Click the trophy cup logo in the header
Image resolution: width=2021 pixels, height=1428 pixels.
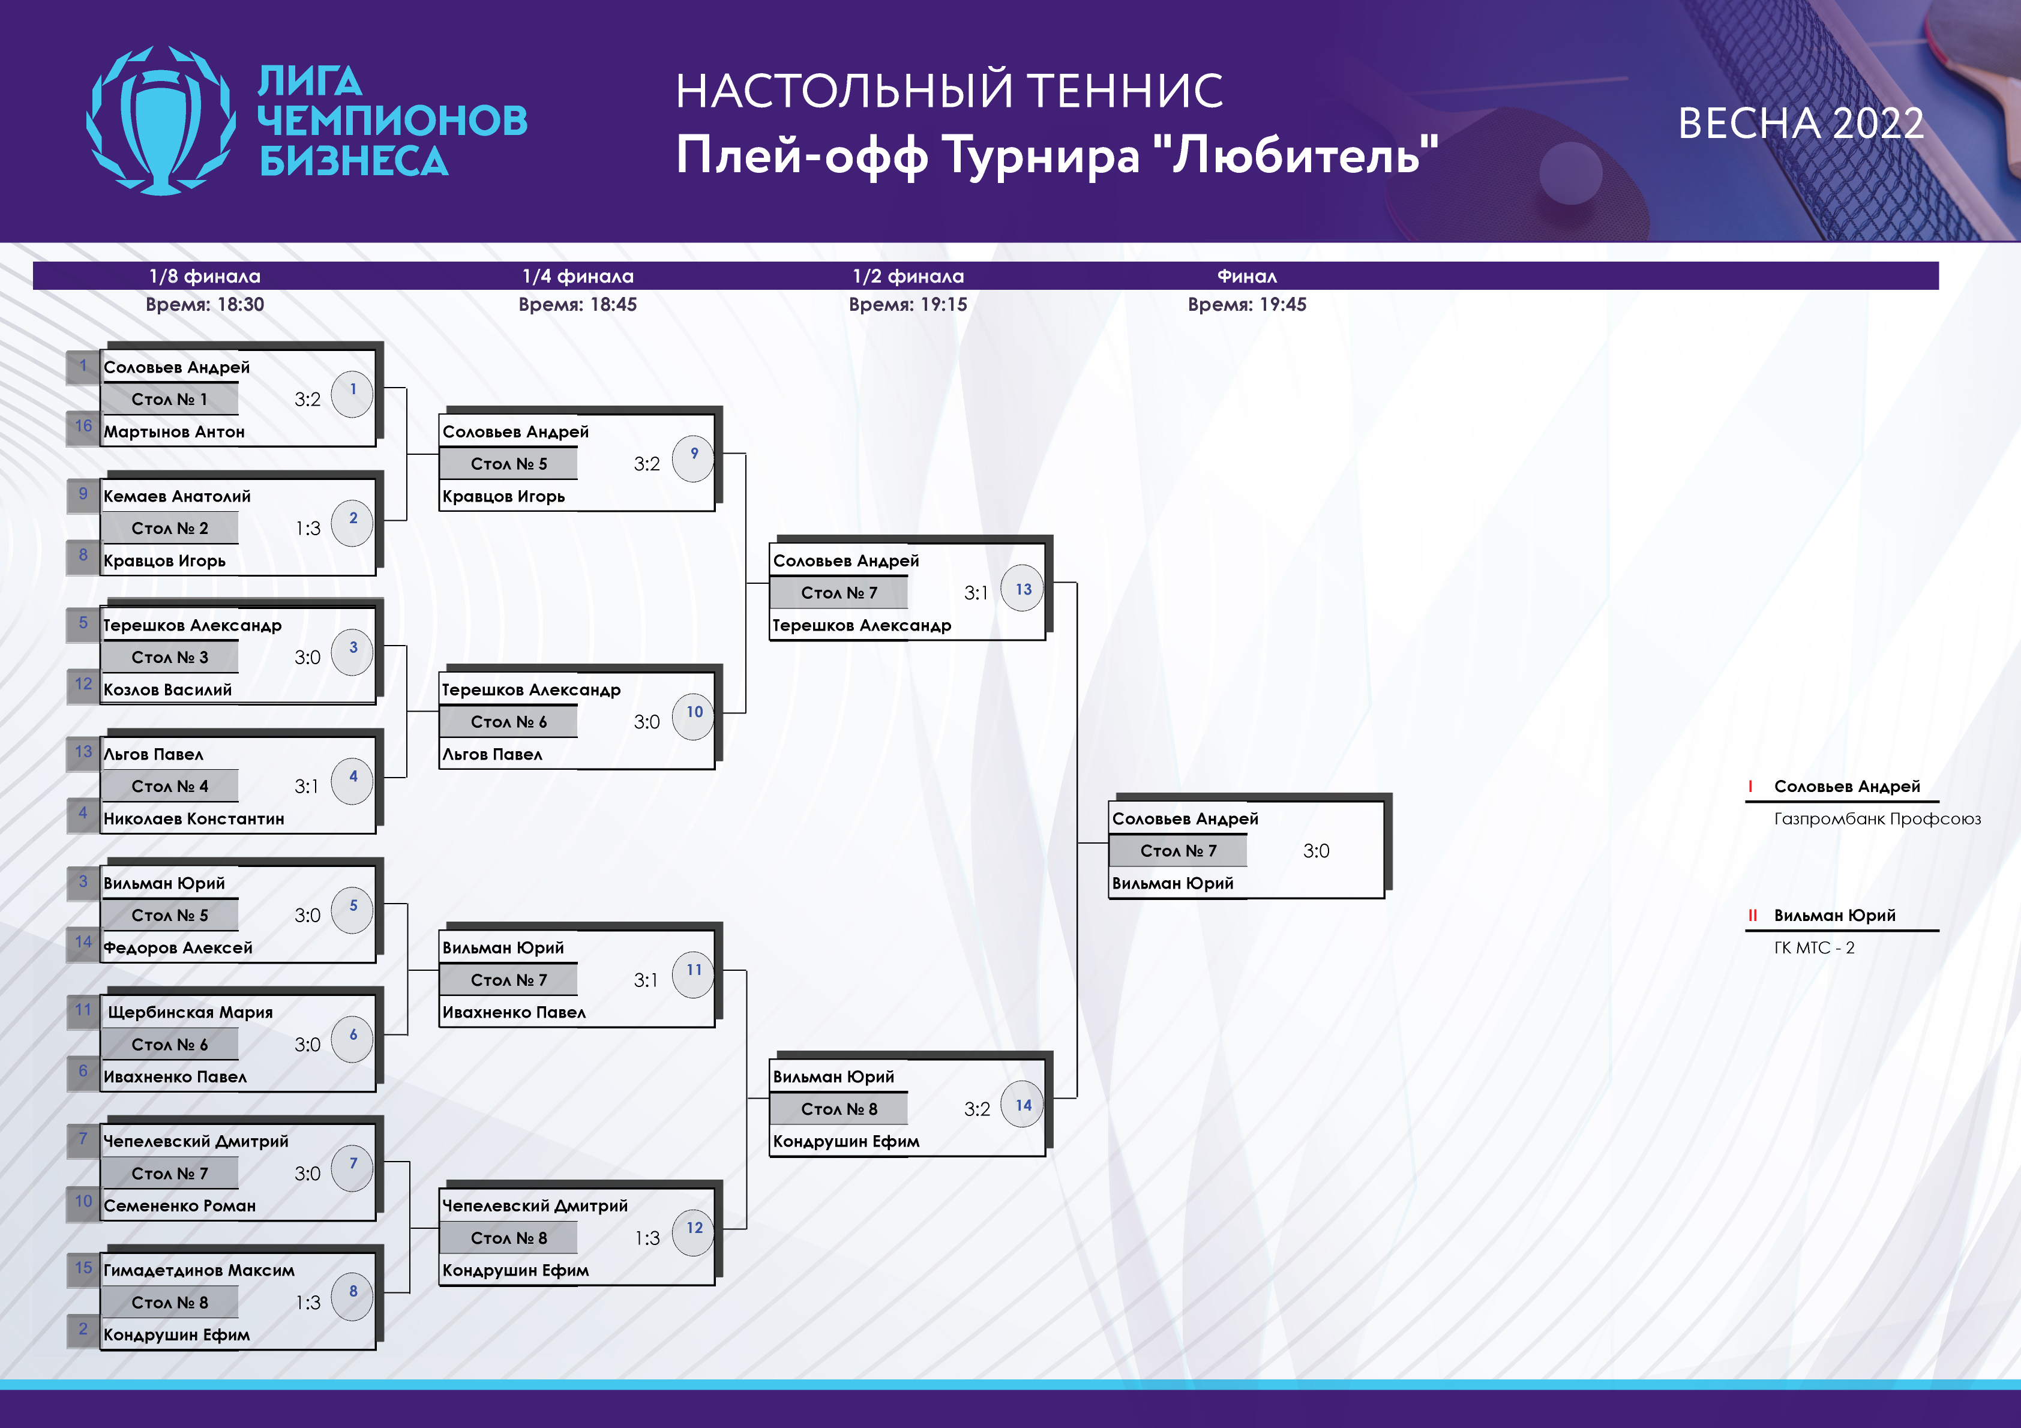(x=161, y=121)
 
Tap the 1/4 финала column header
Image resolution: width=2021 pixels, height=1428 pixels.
(x=577, y=277)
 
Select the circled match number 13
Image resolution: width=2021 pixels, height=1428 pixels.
(x=1023, y=589)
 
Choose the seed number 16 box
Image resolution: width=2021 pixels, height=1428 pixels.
(x=83, y=426)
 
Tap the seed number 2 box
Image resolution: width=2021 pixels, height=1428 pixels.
(x=83, y=1330)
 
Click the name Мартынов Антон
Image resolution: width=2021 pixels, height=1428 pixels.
(x=174, y=432)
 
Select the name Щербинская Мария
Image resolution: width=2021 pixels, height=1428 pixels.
(x=190, y=1012)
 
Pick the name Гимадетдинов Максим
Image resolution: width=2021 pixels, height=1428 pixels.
(x=199, y=1270)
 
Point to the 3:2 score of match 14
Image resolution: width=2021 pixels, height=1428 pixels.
(x=977, y=1109)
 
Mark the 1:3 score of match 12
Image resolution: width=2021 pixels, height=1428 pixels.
(x=647, y=1239)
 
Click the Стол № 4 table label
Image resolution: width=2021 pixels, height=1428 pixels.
(x=170, y=786)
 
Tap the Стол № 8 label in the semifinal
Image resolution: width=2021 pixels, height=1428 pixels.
(x=839, y=1109)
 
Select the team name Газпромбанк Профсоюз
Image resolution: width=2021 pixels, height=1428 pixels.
(x=1878, y=819)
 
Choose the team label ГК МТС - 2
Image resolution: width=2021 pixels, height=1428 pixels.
(x=1814, y=948)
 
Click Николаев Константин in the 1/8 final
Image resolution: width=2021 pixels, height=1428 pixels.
(x=194, y=819)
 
